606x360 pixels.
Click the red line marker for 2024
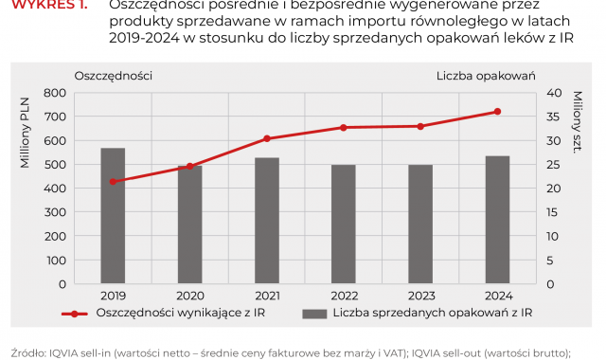(x=497, y=112)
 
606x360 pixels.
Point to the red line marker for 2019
(x=114, y=181)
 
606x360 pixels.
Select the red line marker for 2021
(x=267, y=138)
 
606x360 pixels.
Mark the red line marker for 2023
(x=420, y=126)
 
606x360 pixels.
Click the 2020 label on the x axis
(x=190, y=294)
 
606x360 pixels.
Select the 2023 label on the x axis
(x=420, y=294)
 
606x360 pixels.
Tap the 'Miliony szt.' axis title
(x=577, y=131)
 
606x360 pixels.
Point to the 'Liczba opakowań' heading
(x=487, y=75)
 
